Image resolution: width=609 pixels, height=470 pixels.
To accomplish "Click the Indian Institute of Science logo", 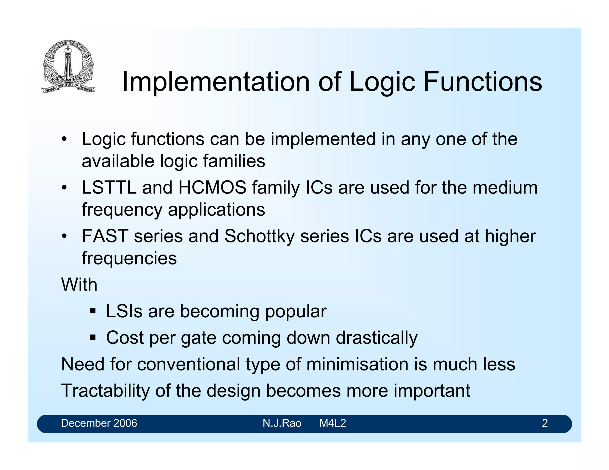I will pyautogui.click(x=68, y=67).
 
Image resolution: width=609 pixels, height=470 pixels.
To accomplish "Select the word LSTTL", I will pyautogui.click(x=109, y=188).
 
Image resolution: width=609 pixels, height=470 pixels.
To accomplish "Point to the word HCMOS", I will pyautogui.click(x=212, y=188).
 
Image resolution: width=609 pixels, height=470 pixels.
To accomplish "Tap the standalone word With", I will pyautogui.click(x=79, y=285).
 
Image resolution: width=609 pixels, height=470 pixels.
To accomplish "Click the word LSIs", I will pyautogui.click(x=124, y=311).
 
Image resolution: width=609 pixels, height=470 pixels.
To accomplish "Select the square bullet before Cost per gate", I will pyautogui.click(x=93, y=337).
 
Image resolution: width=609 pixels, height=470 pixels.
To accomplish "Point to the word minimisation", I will pyautogui.click(x=357, y=365).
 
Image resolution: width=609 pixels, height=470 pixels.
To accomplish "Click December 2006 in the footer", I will pyautogui.click(x=99, y=423).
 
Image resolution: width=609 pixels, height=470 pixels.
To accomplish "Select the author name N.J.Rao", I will pyautogui.click(x=282, y=423).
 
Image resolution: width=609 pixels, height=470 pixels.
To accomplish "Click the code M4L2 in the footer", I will pyautogui.click(x=332, y=423).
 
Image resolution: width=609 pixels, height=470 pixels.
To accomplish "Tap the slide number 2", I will pyautogui.click(x=544, y=423).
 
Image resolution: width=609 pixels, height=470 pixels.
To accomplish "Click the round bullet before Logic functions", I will pyautogui.click(x=64, y=140).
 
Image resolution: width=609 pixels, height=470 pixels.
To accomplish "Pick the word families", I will pyautogui.click(x=234, y=161).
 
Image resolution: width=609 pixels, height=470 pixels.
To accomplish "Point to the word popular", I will pyautogui.click(x=296, y=312).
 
